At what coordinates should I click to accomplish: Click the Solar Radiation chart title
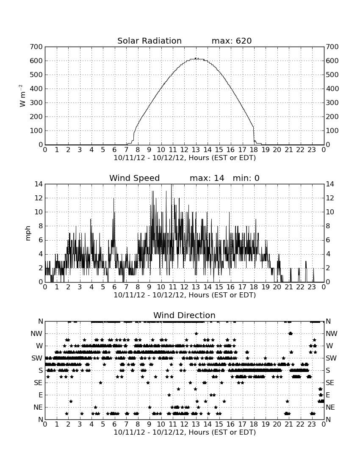(150, 41)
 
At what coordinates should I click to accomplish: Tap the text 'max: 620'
(232, 41)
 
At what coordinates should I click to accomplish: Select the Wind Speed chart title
(135, 178)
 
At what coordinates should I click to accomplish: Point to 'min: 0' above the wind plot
(246, 178)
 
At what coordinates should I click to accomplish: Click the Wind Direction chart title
(185, 315)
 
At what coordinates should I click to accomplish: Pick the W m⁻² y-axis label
(22, 96)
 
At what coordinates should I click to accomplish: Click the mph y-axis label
(28, 233)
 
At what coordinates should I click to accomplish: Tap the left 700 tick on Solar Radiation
(36, 47)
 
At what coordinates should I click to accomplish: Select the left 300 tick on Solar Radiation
(36, 103)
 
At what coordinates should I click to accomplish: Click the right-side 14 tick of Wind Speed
(330, 184)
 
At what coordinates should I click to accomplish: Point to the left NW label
(36, 334)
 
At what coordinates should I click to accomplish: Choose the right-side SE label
(330, 383)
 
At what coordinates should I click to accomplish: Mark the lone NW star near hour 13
(197, 333)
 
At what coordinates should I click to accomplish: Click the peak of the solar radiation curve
(196, 58)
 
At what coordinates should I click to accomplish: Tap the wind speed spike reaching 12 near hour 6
(114, 198)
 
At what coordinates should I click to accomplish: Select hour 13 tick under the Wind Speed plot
(196, 287)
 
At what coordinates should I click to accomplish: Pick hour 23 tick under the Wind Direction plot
(312, 424)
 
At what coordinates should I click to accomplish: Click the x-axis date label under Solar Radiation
(185, 158)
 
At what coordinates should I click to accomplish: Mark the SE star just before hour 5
(101, 383)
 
